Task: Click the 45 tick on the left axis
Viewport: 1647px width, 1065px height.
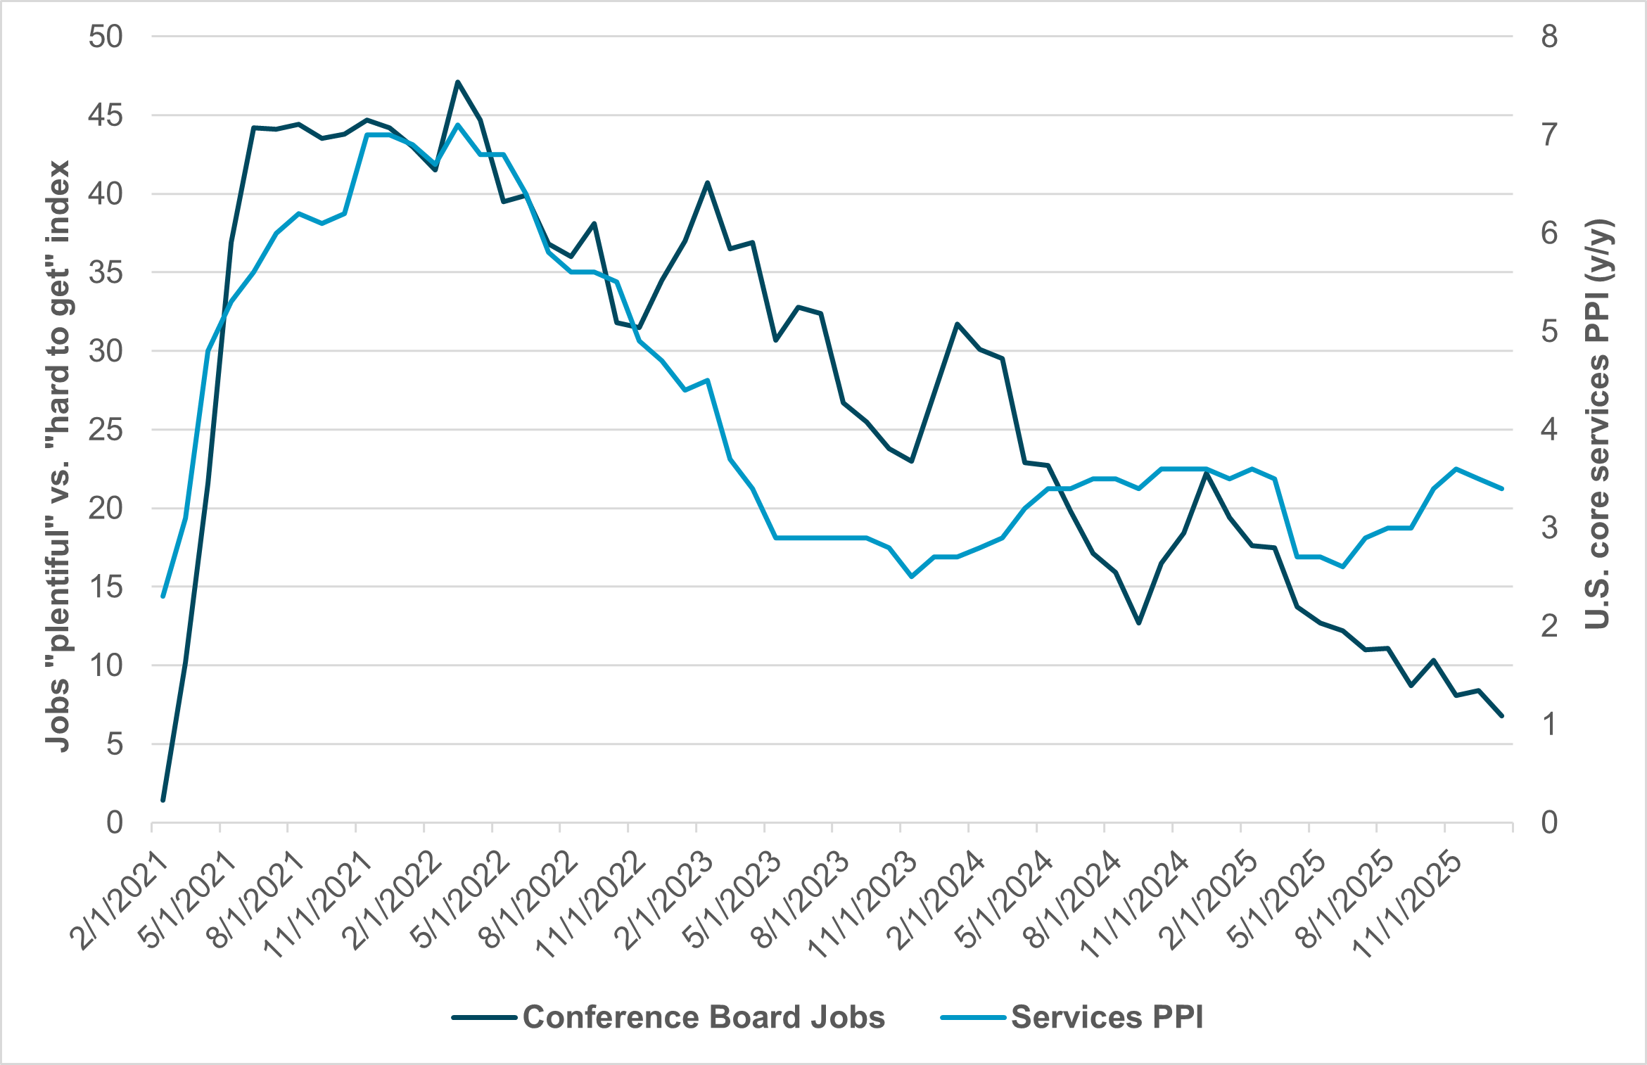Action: coord(105,115)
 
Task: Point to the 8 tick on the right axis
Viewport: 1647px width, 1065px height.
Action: coord(1549,37)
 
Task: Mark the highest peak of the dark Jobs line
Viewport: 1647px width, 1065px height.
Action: coord(457,82)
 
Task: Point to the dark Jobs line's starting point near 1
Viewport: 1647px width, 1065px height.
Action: coord(163,800)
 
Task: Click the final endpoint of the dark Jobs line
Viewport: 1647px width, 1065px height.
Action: coord(1501,715)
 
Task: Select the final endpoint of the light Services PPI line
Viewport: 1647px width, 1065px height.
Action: coord(1501,488)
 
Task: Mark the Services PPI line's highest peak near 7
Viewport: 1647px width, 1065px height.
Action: coord(457,125)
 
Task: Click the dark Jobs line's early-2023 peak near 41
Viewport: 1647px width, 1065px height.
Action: coord(708,182)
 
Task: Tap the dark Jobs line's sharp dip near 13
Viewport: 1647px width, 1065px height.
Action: coord(1138,623)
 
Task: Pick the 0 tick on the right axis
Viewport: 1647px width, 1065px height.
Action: coord(1549,822)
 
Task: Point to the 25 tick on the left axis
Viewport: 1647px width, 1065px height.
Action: coord(105,430)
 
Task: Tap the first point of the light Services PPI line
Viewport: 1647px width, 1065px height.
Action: coord(163,596)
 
